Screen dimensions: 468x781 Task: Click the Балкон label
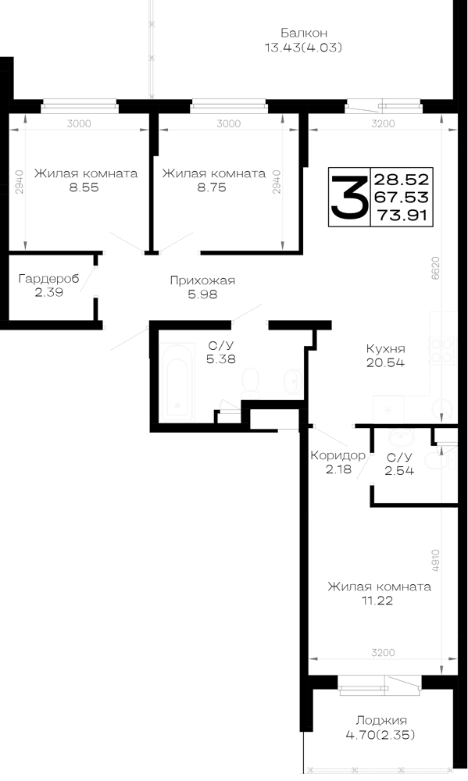pyautogui.click(x=303, y=34)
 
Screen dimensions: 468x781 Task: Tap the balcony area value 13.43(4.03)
pyautogui.click(x=303, y=48)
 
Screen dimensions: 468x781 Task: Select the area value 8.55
pyautogui.click(x=85, y=187)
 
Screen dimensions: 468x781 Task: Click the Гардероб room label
pyautogui.click(x=49, y=279)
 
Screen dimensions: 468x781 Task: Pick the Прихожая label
pyautogui.click(x=202, y=280)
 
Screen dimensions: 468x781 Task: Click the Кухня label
pyautogui.click(x=385, y=348)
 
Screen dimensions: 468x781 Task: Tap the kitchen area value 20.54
pyautogui.click(x=385, y=362)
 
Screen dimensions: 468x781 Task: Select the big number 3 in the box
pyautogui.click(x=349, y=197)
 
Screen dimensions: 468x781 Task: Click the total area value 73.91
pyautogui.click(x=402, y=216)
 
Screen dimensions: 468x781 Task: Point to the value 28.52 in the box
pyautogui.click(x=402, y=180)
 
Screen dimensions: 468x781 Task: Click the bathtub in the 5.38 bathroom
pyautogui.click(x=177, y=382)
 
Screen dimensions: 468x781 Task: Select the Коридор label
pyautogui.click(x=338, y=455)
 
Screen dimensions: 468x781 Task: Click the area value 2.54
pyautogui.click(x=399, y=471)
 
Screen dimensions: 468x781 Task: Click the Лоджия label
pyautogui.click(x=381, y=720)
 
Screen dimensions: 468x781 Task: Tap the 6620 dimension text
pyautogui.click(x=435, y=269)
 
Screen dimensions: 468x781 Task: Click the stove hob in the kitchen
pyautogui.click(x=443, y=351)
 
